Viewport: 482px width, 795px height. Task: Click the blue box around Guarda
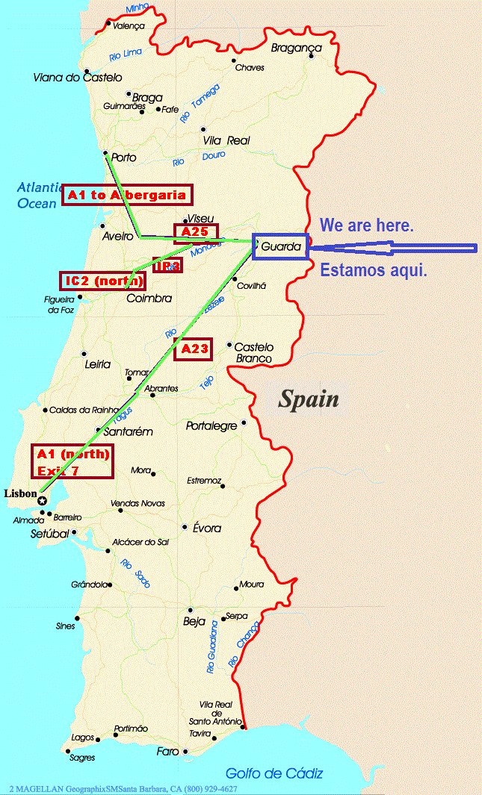coord(280,246)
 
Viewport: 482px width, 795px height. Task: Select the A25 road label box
coord(195,233)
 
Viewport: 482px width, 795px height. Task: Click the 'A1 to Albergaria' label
coord(127,195)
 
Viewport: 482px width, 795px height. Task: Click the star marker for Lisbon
coord(43,501)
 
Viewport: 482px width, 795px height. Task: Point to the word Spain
coord(309,399)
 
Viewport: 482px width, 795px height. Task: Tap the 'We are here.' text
coord(366,225)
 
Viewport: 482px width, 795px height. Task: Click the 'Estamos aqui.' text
coord(374,270)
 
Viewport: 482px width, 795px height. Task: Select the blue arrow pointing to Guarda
coord(392,248)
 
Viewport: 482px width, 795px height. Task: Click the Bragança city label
coord(295,48)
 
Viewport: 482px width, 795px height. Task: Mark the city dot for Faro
coord(184,751)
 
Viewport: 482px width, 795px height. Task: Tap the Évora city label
coord(206,528)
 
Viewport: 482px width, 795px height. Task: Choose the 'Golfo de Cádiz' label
coord(274,774)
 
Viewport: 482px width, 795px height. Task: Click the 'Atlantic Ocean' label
coord(37,195)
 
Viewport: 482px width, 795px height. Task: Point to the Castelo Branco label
coord(254,353)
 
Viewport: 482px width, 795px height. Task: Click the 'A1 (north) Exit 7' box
coord(73,462)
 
